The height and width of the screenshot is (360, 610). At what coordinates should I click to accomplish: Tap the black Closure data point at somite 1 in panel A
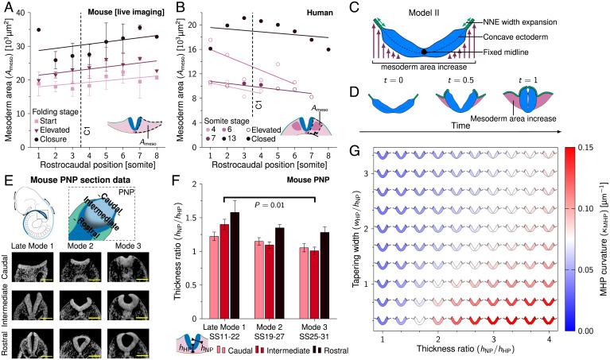tap(39, 30)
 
